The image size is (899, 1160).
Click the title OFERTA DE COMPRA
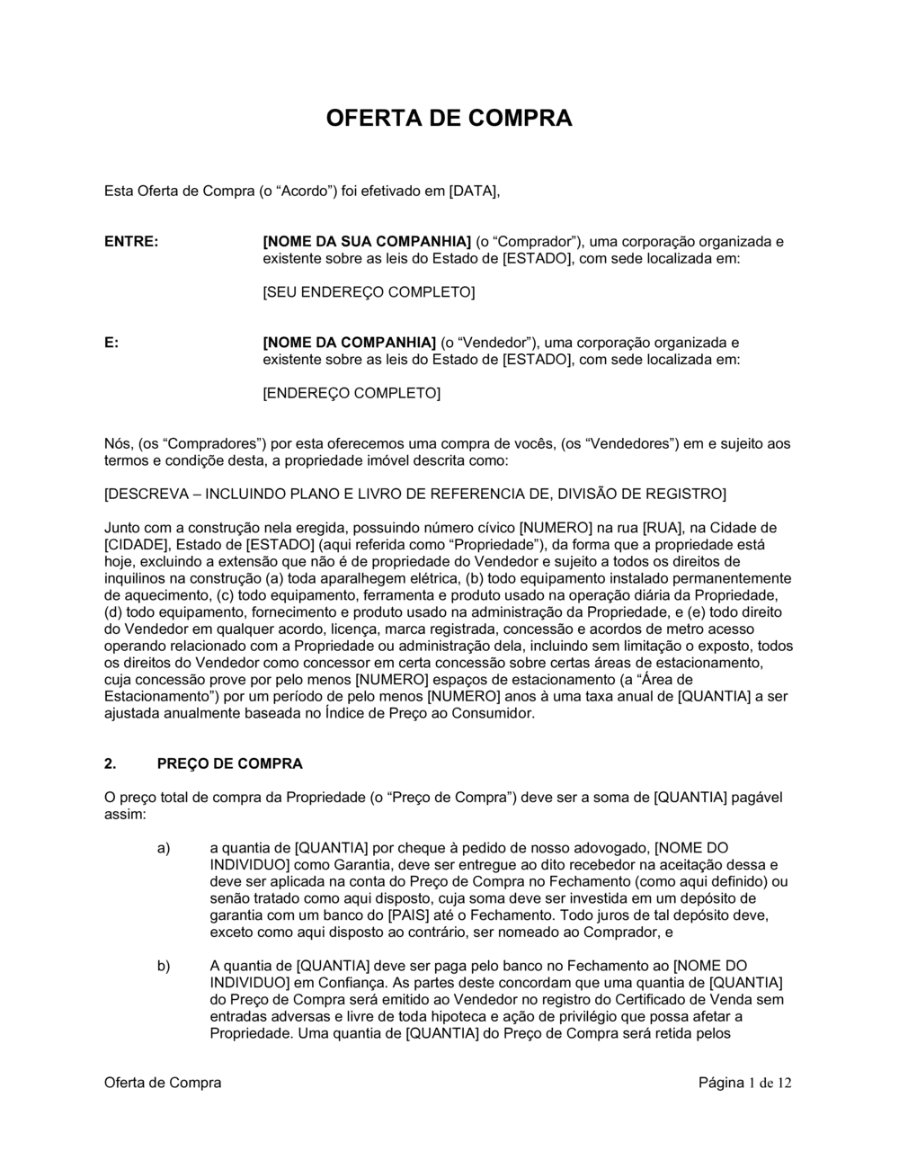[x=448, y=119]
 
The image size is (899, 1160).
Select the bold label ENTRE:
[x=131, y=242]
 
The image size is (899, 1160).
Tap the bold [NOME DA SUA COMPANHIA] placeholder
[x=367, y=242]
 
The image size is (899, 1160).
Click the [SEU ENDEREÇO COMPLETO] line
[x=369, y=292]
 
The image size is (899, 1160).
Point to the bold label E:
[x=111, y=343]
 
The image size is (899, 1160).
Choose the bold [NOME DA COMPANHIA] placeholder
[x=349, y=343]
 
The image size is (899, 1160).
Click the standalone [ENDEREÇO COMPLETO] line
[x=352, y=393]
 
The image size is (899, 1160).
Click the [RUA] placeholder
[x=663, y=528]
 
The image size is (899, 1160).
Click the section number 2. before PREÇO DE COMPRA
[x=111, y=764]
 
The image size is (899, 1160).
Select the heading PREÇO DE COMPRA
[x=230, y=764]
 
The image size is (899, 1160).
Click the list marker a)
[x=164, y=848]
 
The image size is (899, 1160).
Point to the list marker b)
[x=164, y=966]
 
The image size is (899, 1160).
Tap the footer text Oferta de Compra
[x=163, y=1083]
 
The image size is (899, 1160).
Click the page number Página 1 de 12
[x=745, y=1083]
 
